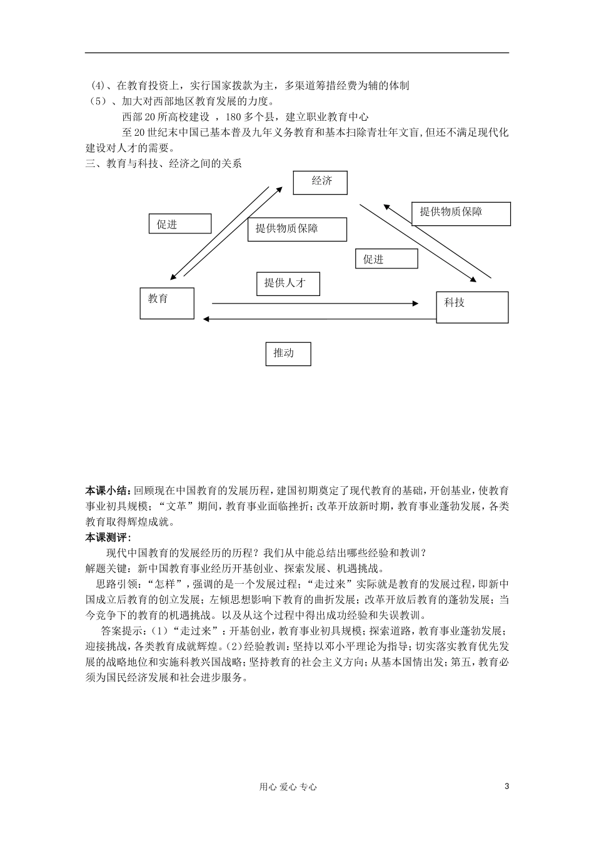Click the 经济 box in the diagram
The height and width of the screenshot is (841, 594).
(320, 181)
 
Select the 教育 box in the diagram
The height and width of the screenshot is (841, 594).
(167, 303)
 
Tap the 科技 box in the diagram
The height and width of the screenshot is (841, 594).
(471, 307)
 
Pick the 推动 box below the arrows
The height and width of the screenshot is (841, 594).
(288, 354)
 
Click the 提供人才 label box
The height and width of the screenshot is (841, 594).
(288, 283)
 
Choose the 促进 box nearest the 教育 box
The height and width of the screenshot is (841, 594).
(180, 224)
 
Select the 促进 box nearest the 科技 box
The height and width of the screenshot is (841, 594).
(386, 258)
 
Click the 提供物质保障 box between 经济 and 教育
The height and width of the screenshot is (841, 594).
(297, 229)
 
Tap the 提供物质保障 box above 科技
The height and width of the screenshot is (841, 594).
(461, 213)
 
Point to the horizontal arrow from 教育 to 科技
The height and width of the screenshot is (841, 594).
(315, 303)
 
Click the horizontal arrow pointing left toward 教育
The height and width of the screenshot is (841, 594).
(319, 319)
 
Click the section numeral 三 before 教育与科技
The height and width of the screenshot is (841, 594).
(89, 164)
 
